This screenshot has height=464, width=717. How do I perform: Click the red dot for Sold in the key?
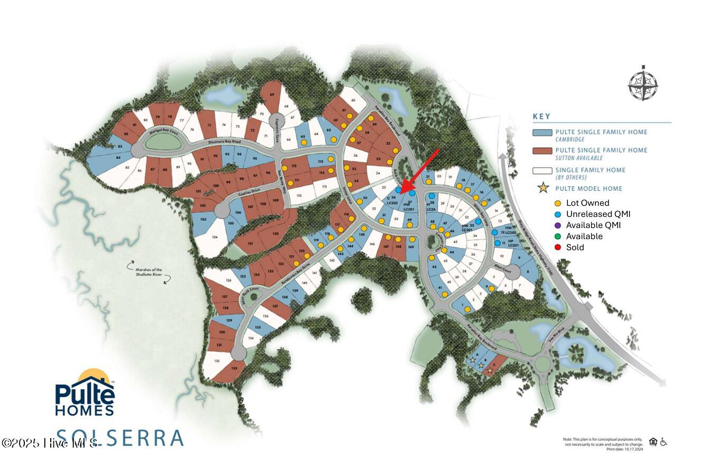pos(558,247)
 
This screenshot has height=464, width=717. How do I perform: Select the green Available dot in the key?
pos(558,236)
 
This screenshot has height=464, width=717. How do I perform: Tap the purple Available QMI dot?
pos(558,225)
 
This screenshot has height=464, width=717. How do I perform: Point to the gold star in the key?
pos(543,188)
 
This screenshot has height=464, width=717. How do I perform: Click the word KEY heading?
pos(541,116)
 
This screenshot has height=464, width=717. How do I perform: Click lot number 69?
pos(272,95)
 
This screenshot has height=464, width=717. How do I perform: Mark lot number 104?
pos(214,238)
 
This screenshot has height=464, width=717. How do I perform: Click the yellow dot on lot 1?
pos(467,310)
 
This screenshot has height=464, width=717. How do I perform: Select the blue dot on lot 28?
pos(432,196)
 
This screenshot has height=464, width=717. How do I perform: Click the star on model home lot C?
pos(490,371)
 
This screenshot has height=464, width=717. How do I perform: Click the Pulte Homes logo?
pos(85,394)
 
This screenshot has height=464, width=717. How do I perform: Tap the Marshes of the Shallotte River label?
pos(145,272)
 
